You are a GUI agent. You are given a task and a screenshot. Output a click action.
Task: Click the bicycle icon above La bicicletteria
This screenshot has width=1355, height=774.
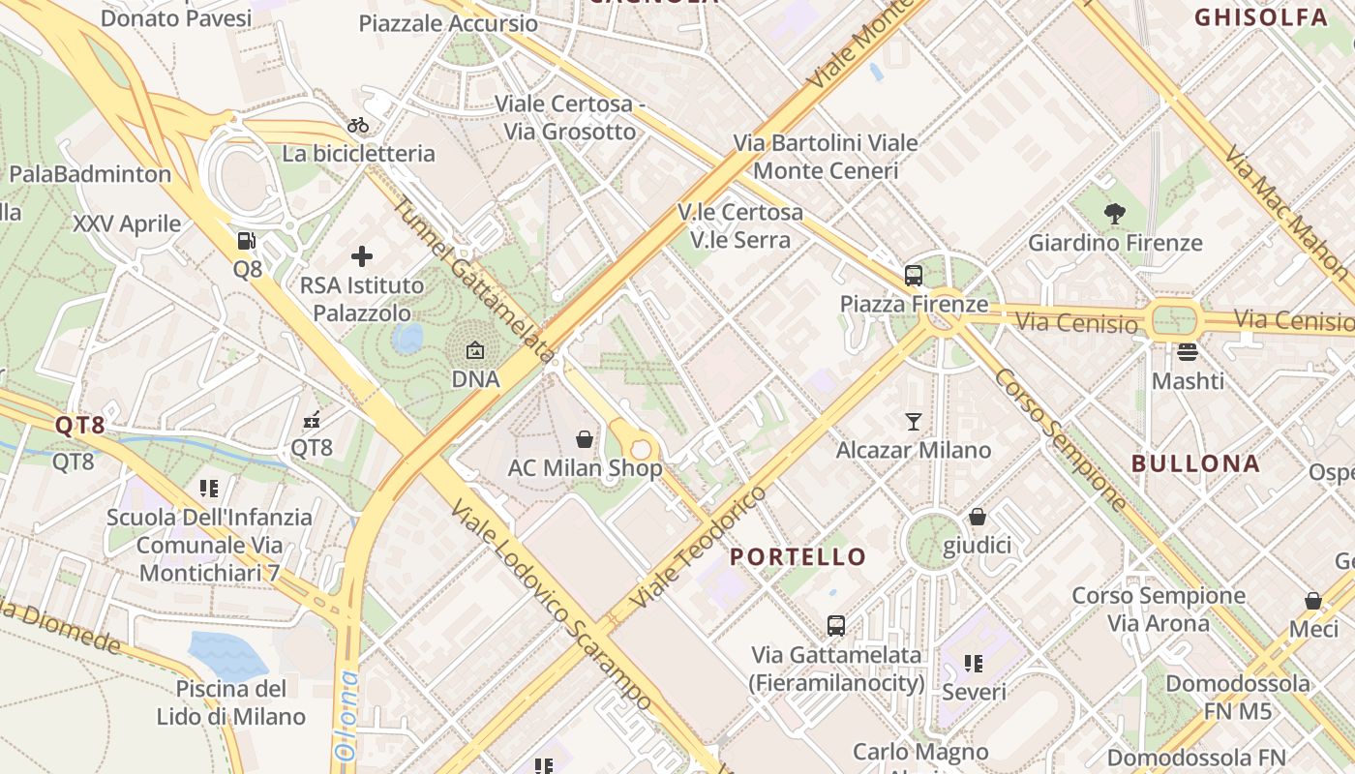coord(358,125)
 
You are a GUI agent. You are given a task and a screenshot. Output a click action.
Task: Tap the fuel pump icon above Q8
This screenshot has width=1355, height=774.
coord(248,241)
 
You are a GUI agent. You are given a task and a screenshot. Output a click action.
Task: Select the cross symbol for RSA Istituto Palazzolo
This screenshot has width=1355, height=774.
coord(361,256)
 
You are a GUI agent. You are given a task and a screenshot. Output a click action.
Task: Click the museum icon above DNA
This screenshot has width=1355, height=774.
coord(475,350)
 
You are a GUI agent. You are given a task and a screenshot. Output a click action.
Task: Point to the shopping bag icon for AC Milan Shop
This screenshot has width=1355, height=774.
coord(585,439)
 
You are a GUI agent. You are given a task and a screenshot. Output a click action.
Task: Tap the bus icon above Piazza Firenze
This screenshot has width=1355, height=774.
coord(913,276)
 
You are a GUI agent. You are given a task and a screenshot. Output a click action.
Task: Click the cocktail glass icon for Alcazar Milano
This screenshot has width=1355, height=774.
coord(913,421)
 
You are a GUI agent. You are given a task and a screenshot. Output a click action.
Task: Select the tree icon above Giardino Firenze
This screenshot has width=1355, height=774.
coord(1114,214)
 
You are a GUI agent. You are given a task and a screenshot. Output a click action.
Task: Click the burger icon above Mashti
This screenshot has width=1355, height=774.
coord(1188,352)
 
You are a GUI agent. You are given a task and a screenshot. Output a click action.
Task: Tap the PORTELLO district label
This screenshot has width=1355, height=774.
coord(798,557)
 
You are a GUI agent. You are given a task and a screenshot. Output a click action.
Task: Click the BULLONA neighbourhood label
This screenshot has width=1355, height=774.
coord(1195,463)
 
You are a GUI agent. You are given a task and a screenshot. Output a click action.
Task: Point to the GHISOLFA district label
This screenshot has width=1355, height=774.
coord(1260,17)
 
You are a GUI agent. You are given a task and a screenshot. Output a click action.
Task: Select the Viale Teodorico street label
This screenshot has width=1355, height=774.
coord(697,547)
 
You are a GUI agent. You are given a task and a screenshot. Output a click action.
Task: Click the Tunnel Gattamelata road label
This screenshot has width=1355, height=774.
coord(474,281)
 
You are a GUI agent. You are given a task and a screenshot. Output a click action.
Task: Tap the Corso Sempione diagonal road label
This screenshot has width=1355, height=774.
coord(1061,440)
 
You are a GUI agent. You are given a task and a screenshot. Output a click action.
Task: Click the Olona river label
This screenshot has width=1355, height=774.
coord(346,716)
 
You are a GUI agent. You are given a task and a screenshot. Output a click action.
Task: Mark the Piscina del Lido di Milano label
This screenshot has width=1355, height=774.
coord(231,702)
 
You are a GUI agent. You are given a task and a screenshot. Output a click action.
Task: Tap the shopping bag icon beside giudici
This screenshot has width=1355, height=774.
coord(978,517)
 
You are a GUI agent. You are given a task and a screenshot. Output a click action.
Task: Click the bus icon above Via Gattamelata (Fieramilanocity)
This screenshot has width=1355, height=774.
coord(836,626)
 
